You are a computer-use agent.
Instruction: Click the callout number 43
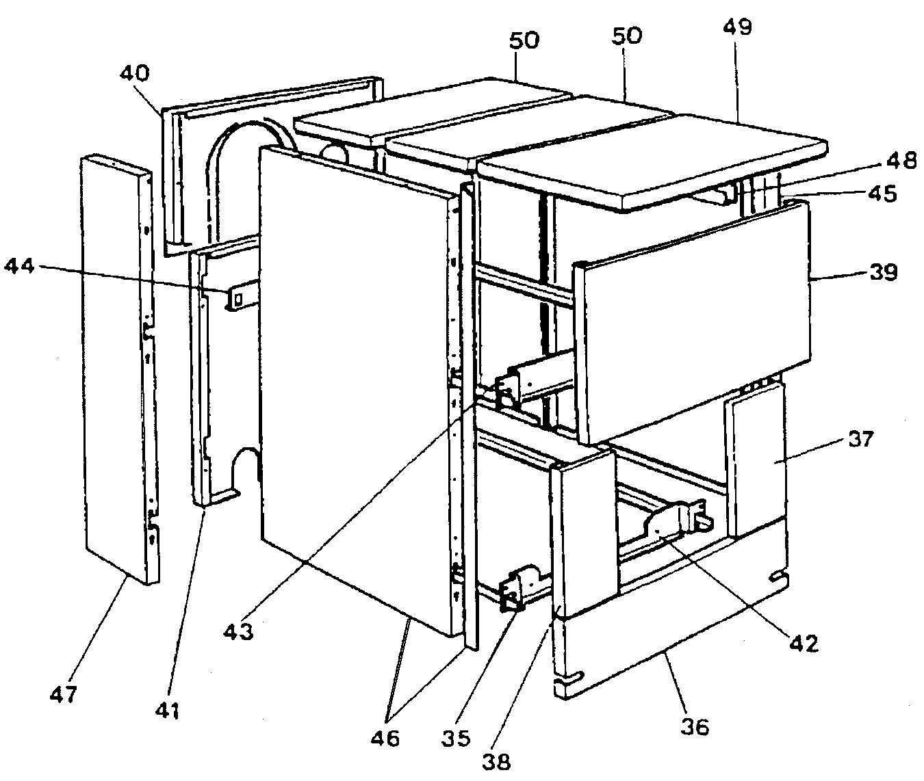coord(238,630)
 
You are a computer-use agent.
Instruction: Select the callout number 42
coord(802,643)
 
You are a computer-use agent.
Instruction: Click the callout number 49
coord(736,28)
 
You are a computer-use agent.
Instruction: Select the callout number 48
coord(899,161)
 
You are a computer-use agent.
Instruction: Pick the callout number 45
coord(881,194)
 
